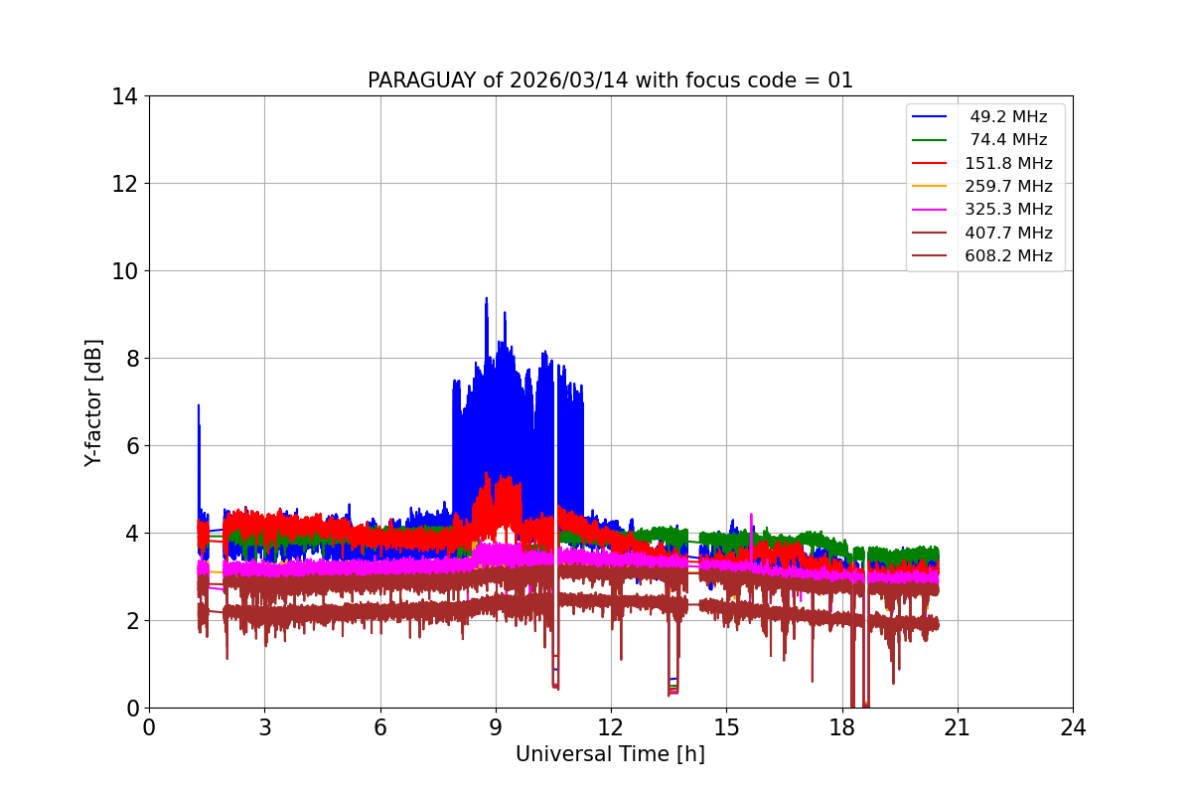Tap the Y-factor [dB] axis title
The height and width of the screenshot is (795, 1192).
(93, 401)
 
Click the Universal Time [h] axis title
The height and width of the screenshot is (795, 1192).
(610, 754)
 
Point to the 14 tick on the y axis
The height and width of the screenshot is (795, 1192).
(125, 96)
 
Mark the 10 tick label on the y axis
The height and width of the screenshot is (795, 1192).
(125, 271)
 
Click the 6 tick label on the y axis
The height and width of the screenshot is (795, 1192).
(130, 446)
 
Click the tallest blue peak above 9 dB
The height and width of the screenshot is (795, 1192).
(486, 298)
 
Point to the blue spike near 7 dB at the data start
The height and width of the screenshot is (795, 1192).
(199, 406)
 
